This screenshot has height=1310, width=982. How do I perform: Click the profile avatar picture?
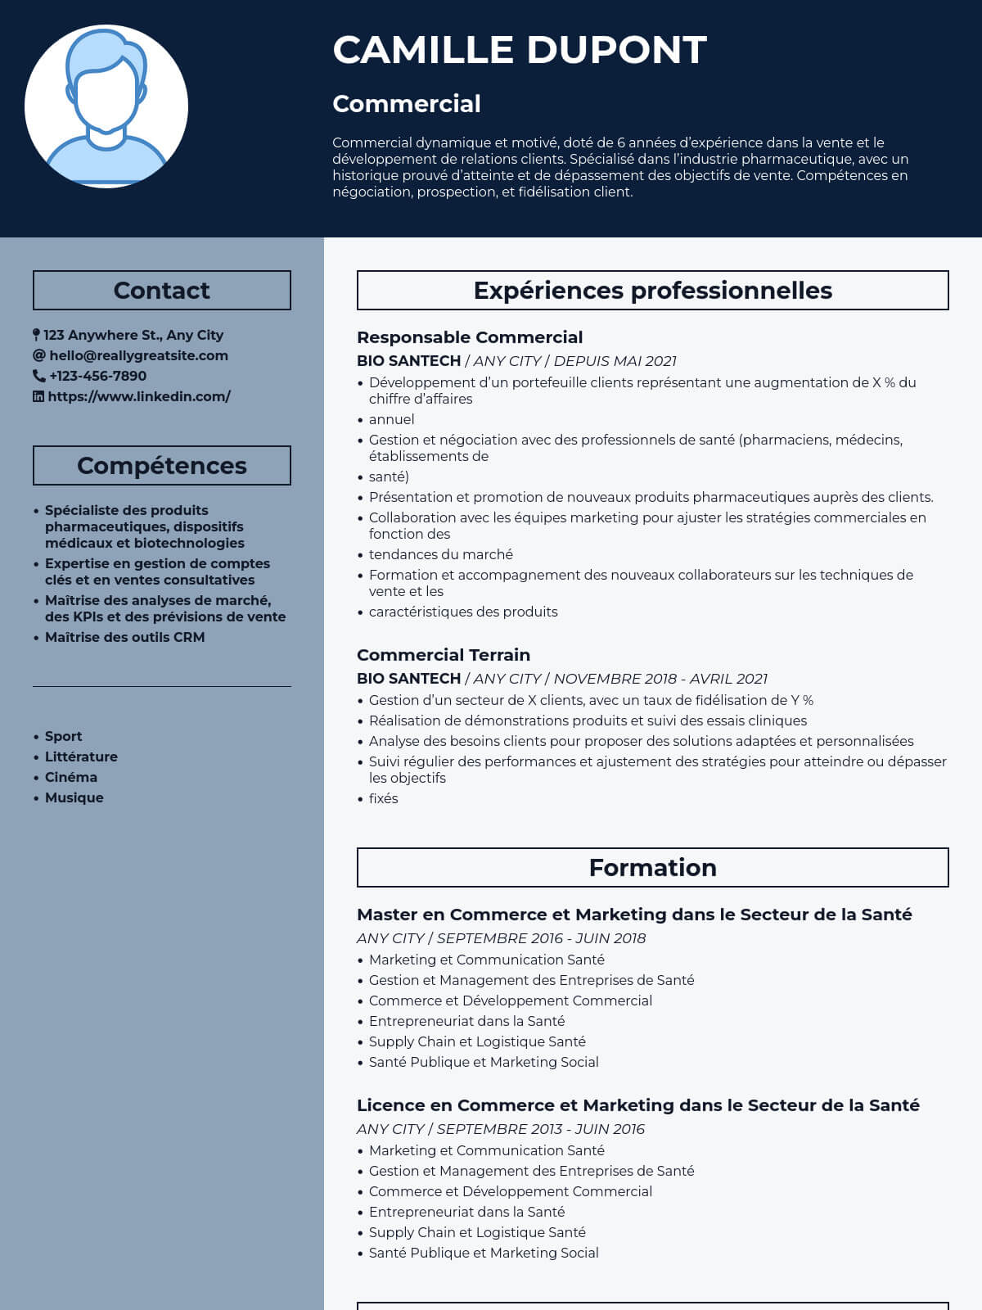[106, 106]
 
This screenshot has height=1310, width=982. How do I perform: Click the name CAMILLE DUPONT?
[520, 50]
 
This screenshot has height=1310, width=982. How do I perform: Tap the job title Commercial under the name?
[407, 104]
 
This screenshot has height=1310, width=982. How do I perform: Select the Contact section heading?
[162, 291]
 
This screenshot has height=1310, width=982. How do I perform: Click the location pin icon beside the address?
[36, 335]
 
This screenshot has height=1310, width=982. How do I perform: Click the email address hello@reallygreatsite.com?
[138, 355]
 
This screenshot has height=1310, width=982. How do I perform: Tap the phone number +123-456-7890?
[97, 376]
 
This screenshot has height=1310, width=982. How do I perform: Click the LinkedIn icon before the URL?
[38, 396]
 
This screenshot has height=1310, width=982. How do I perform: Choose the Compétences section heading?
[162, 466]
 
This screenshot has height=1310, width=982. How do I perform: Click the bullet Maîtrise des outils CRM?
[124, 637]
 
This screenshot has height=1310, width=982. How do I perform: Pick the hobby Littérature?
[81, 757]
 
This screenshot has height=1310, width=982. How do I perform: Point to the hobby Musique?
[74, 797]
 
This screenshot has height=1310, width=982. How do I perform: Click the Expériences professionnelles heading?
[652, 291]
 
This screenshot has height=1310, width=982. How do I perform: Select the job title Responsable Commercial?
[470, 337]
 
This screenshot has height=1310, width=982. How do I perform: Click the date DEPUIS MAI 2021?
[615, 361]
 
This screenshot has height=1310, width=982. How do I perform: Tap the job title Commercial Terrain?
[444, 655]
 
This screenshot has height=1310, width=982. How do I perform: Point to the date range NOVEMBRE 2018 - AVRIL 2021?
[660, 679]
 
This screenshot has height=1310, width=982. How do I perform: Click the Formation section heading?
[652, 868]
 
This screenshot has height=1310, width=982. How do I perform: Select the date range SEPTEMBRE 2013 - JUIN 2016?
[540, 1129]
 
